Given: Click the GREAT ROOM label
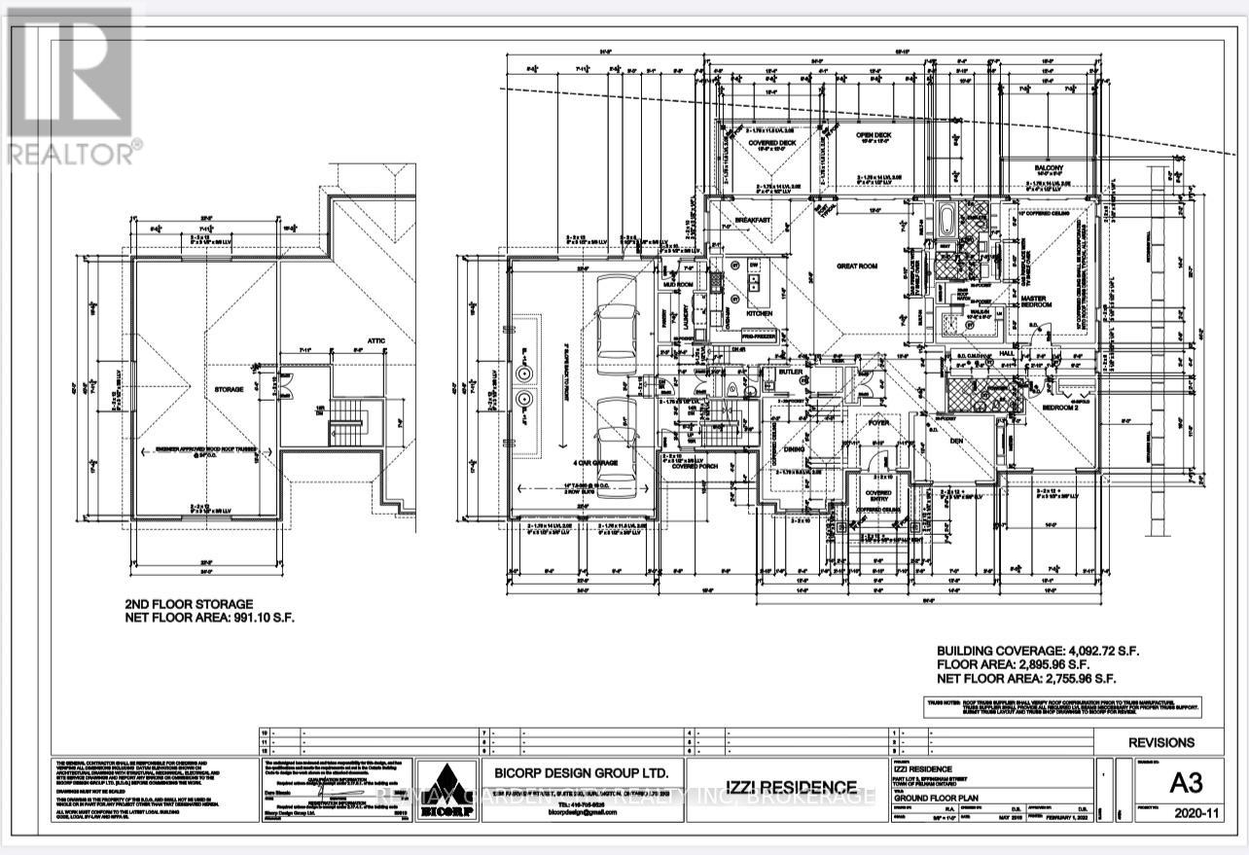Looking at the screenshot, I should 859,265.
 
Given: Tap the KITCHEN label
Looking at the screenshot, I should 759,313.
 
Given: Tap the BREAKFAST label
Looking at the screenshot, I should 752,221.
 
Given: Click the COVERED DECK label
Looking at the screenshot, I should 773,142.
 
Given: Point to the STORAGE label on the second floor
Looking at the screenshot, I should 229,389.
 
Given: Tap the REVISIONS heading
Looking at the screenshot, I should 1161,742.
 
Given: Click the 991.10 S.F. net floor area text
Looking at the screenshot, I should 208,617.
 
